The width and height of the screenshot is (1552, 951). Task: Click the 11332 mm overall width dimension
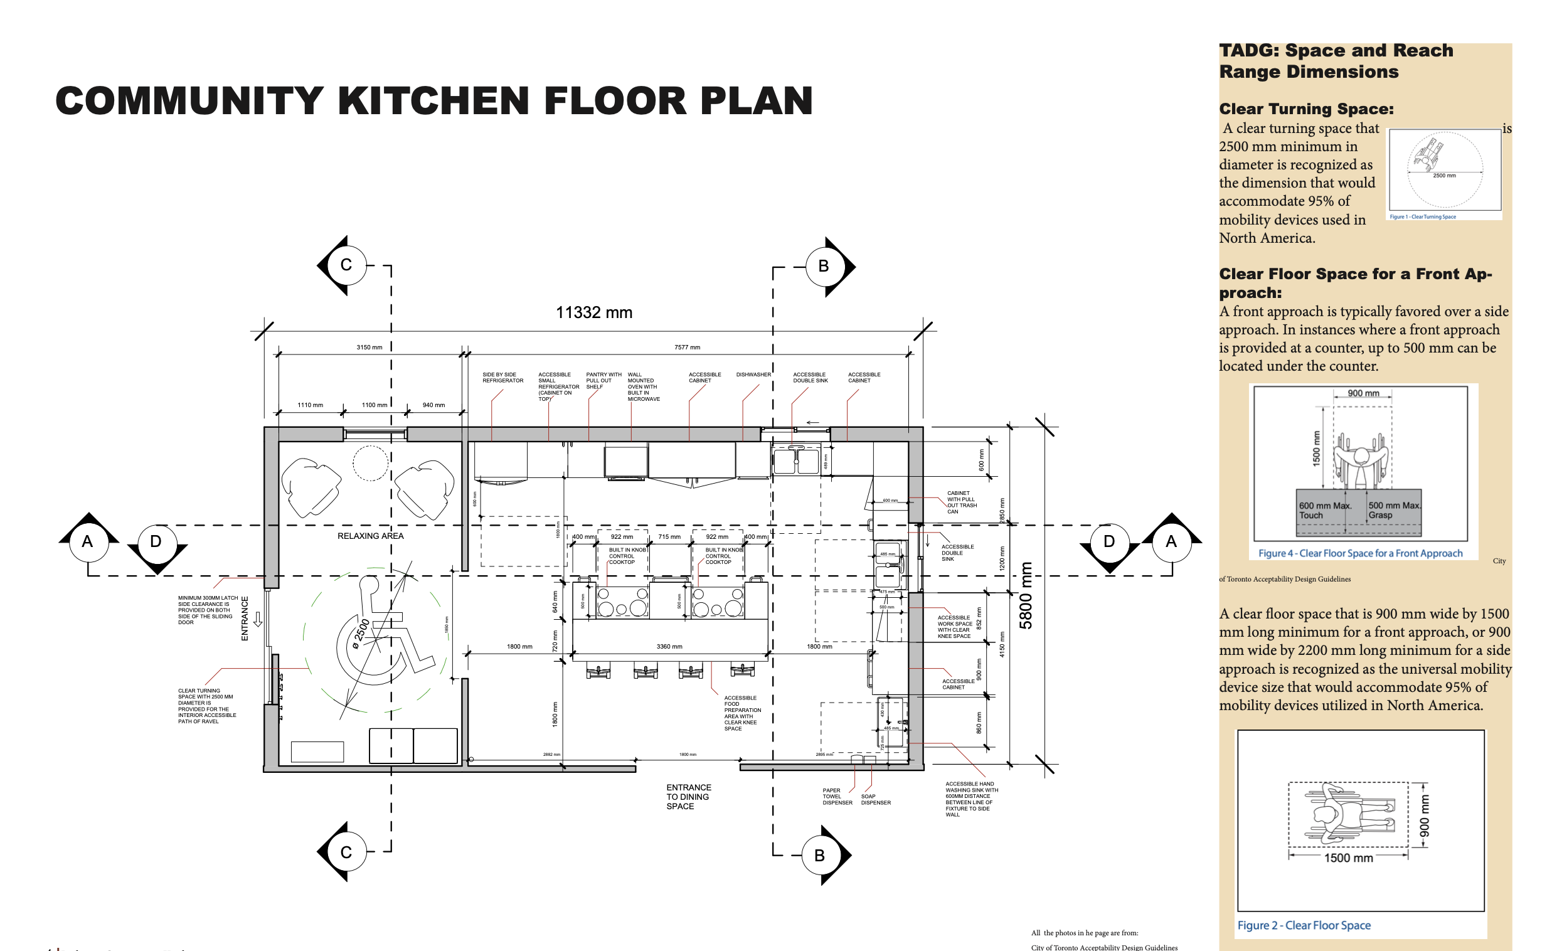(593, 312)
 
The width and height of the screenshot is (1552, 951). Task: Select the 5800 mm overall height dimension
(1026, 595)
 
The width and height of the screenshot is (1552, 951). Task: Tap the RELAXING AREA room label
(370, 536)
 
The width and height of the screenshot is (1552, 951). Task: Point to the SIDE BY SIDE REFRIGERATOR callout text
(502, 377)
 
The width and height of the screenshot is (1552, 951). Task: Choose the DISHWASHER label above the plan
(753, 375)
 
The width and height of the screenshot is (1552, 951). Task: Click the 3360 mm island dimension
(669, 646)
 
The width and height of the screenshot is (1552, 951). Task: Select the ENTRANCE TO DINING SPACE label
(688, 797)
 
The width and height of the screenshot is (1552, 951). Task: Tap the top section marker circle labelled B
(823, 267)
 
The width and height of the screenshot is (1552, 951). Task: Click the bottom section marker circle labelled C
(346, 852)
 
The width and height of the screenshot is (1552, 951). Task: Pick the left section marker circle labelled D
(156, 541)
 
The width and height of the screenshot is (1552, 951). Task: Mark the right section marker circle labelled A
(1171, 541)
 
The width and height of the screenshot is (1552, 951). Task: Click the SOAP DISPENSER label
(876, 799)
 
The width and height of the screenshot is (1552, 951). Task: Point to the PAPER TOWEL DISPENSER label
(837, 796)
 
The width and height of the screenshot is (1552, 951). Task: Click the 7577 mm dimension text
(686, 347)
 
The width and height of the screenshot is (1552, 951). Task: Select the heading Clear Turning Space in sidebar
(1305, 109)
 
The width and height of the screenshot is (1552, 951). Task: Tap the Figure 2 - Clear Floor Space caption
(1303, 925)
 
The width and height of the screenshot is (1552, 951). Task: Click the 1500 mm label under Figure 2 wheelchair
(1348, 858)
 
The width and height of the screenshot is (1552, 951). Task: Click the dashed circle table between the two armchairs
(370, 463)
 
